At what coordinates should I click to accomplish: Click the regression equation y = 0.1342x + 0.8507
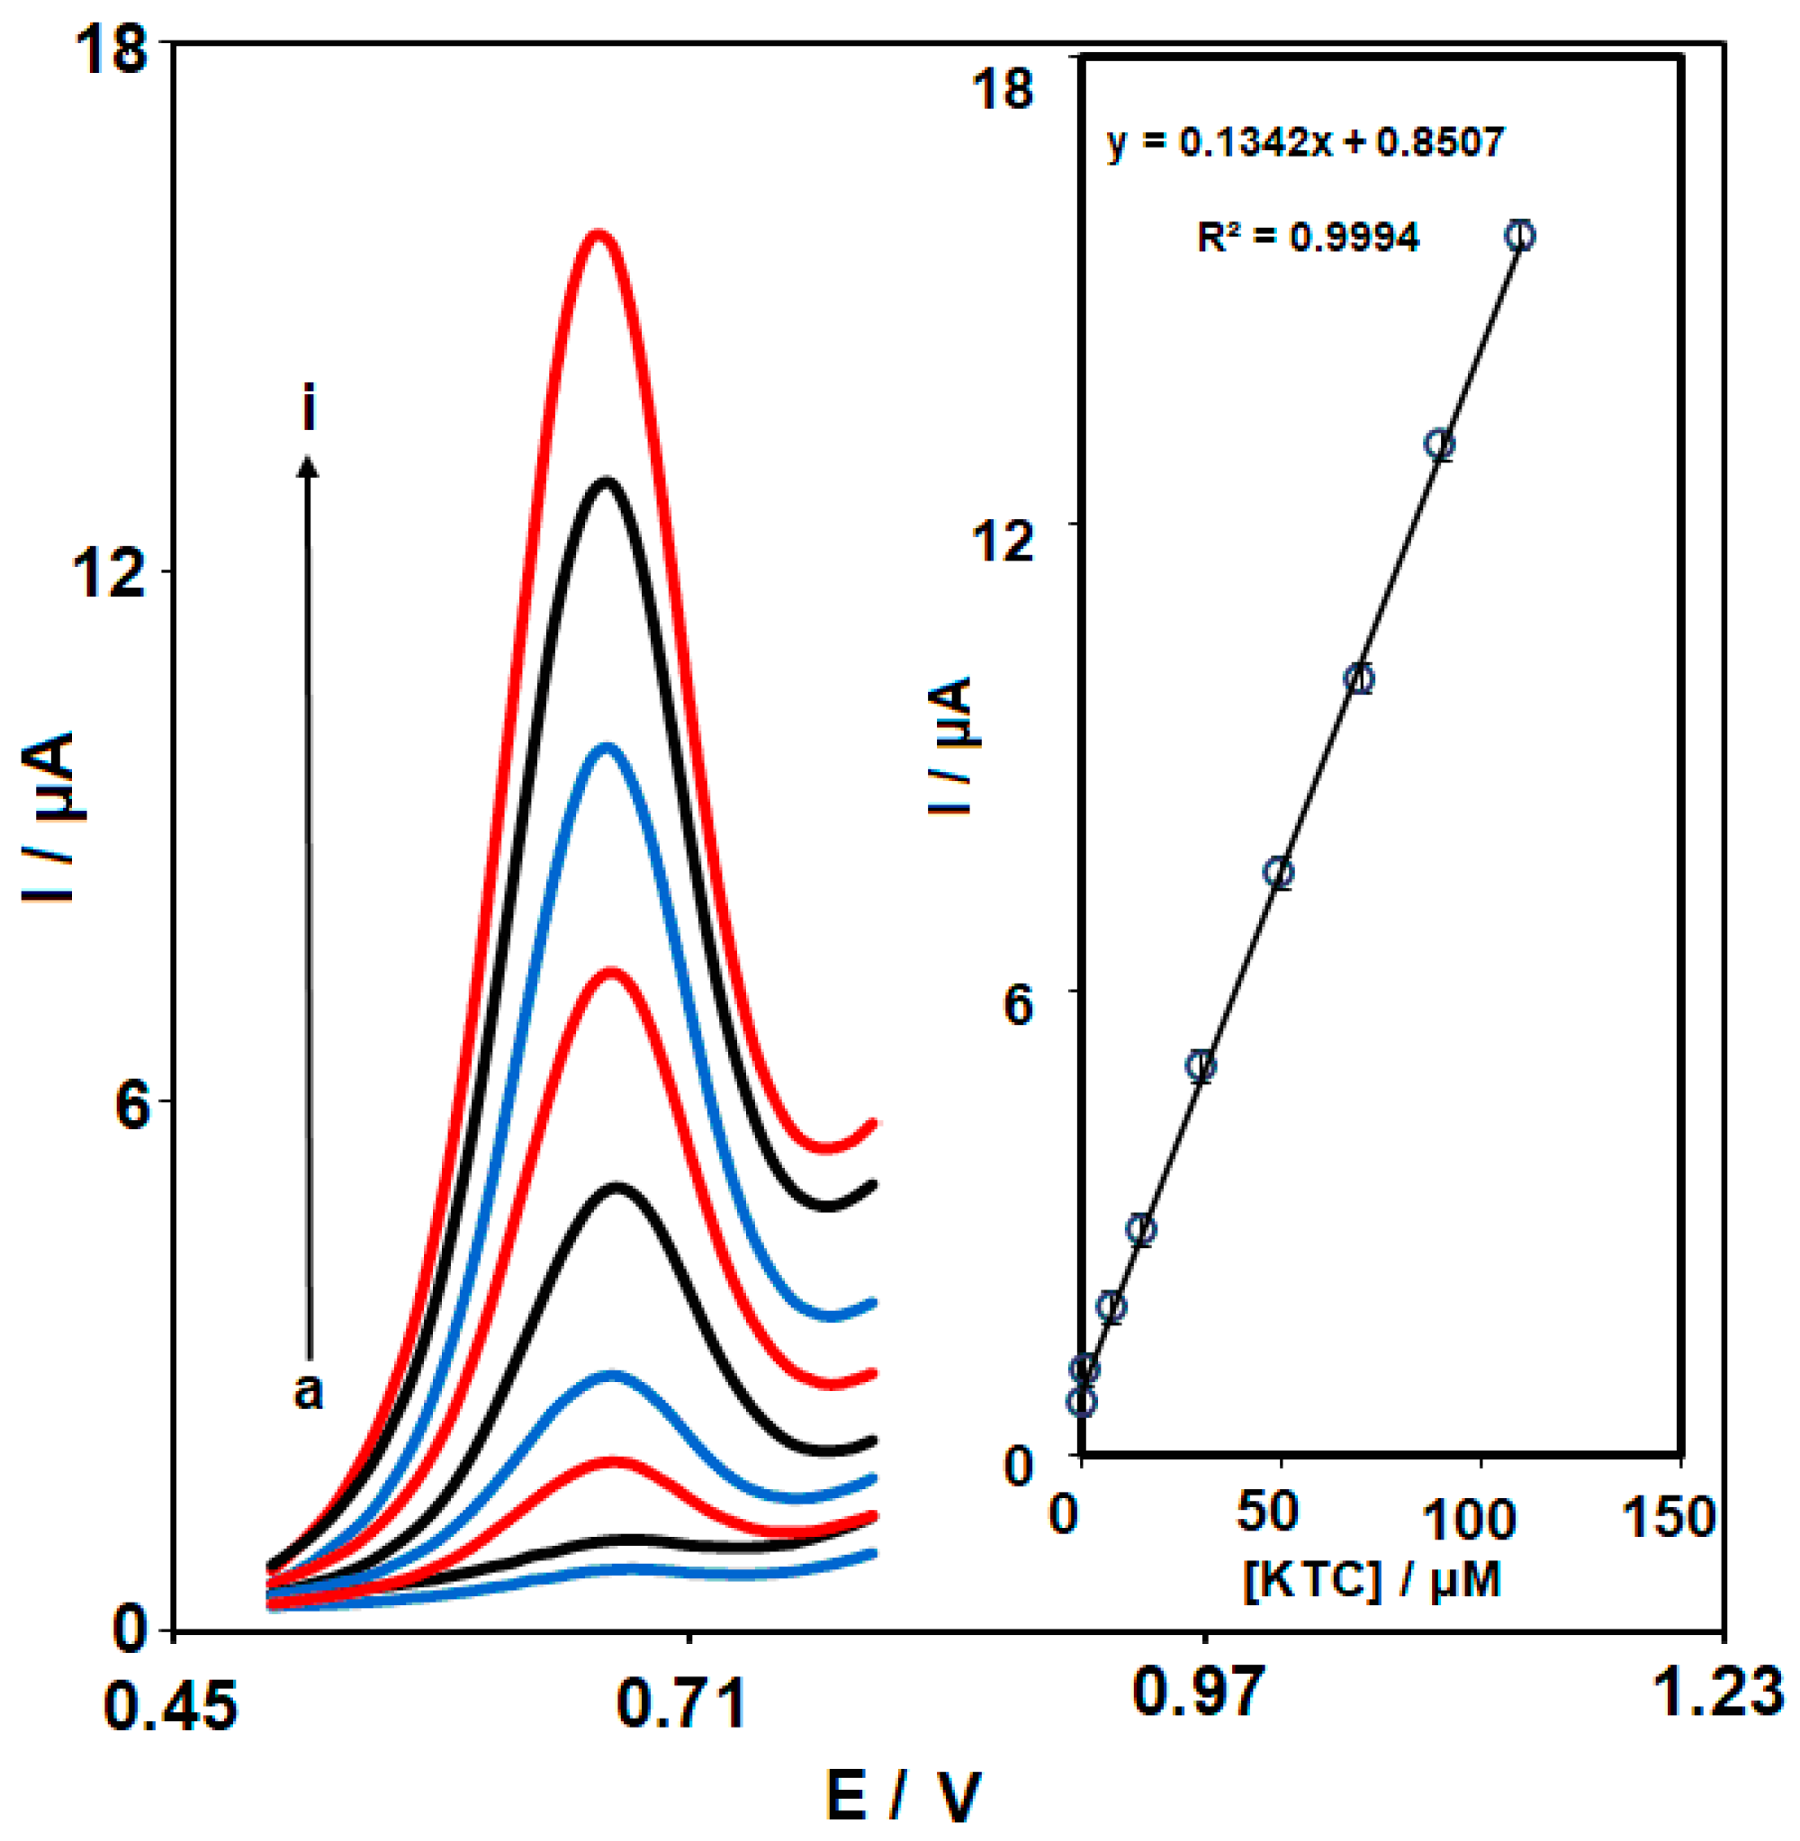tap(1305, 143)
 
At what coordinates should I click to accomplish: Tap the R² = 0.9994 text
tap(1308, 237)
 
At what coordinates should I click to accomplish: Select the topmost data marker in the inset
tap(1519, 236)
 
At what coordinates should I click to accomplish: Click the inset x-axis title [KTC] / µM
tap(1372, 1579)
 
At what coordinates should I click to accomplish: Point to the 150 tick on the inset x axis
tap(1668, 1517)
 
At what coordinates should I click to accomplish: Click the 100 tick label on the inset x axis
tap(1469, 1519)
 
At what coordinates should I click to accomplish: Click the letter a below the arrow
tap(308, 1390)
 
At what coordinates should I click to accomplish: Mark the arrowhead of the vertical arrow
tap(308, 465)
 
